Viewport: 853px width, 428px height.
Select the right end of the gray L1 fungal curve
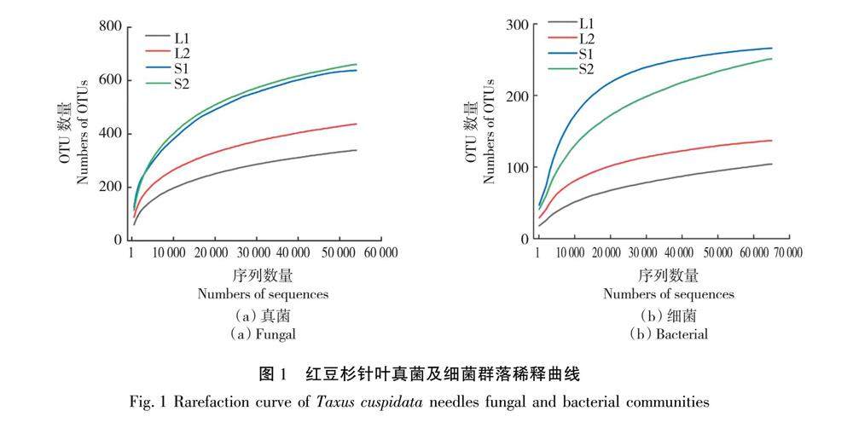[x=356, y=150]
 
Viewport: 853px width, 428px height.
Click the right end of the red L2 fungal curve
[x=356, y=124]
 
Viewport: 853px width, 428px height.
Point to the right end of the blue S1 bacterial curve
[x=771, y=48]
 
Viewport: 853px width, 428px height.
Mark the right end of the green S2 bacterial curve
[x=771, y=59]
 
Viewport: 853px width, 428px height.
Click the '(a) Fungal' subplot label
[x=263, y=334]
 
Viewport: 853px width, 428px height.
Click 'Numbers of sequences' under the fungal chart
[x=263, y=294]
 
